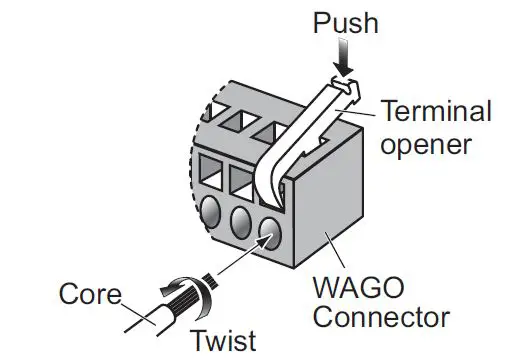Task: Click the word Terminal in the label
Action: point(437,110)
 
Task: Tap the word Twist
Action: point(223,341)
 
